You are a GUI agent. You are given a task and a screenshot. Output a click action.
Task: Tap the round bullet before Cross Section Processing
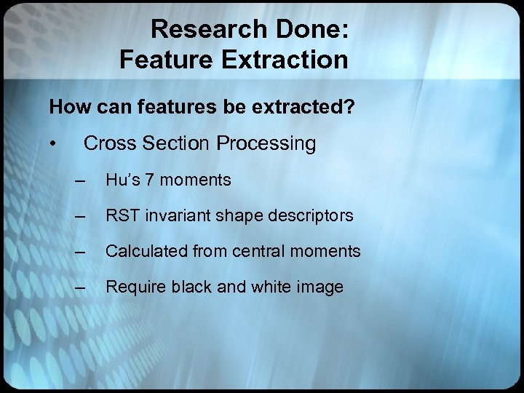tap(53, 144)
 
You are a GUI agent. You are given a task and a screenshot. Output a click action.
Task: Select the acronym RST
tap(122, 215)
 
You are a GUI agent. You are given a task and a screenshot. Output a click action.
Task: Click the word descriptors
tap(311, 215)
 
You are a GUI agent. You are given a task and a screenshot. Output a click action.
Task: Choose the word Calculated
tap(147, 252)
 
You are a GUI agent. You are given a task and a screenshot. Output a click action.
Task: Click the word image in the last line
tap(319, 287)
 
